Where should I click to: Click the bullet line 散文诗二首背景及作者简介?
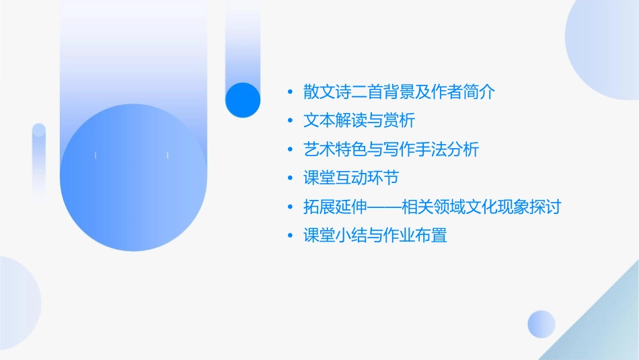(399, 92)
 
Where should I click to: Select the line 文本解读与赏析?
(359, 121)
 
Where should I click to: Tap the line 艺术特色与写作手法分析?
(391, 149)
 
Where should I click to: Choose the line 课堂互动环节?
(351, 178)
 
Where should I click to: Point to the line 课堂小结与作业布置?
(375, 236)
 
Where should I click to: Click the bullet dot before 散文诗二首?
(290, 93)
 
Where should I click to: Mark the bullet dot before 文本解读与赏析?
(290, 122)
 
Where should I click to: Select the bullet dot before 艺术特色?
(290, 150)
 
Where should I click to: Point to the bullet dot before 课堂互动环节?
(290, 179)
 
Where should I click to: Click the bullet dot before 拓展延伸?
(290, 207)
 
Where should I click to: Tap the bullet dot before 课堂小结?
(290, 236)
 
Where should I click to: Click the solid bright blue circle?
(243, 100)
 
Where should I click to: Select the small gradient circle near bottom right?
(541, 324)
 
